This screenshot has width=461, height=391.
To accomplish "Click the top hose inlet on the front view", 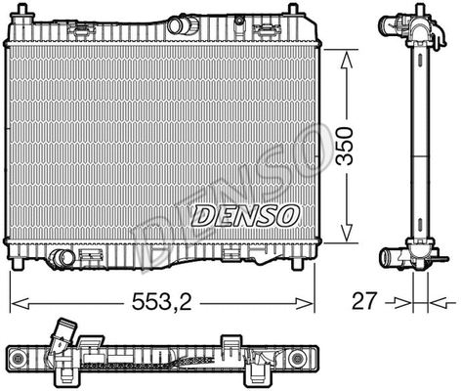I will pos(182,24).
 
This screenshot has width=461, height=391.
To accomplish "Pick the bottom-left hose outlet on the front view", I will pos(63,258).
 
